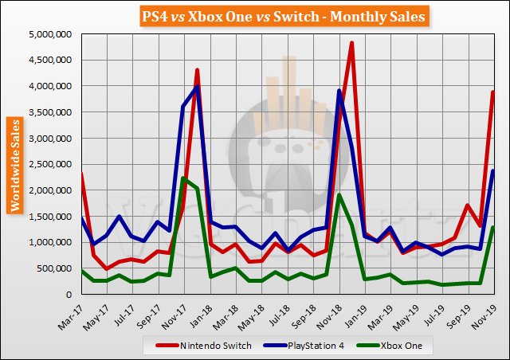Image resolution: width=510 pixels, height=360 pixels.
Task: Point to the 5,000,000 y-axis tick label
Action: pyautogui.click(x=50, y=33)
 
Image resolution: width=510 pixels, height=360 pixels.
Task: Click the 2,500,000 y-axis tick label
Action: pyautogui.click(x=50, y=164)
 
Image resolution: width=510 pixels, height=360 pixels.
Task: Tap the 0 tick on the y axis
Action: pyautogui.click(x=70, y=294)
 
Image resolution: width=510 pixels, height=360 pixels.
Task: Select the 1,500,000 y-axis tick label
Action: pyautogui.click(x=50, y=216)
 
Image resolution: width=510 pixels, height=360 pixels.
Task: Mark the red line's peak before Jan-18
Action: pyautogui.click(x=197, y=70)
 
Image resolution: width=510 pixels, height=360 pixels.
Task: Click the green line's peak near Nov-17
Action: pyautogui.click(x=183, y=178)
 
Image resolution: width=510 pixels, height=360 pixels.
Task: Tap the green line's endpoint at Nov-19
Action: pyautogui.click(x=493, y=227)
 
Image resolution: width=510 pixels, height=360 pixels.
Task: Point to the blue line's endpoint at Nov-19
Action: pyautogui.click(x=493, y=170)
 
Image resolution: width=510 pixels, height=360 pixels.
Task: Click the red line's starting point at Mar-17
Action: pyautogui.click(x=81, y=174)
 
